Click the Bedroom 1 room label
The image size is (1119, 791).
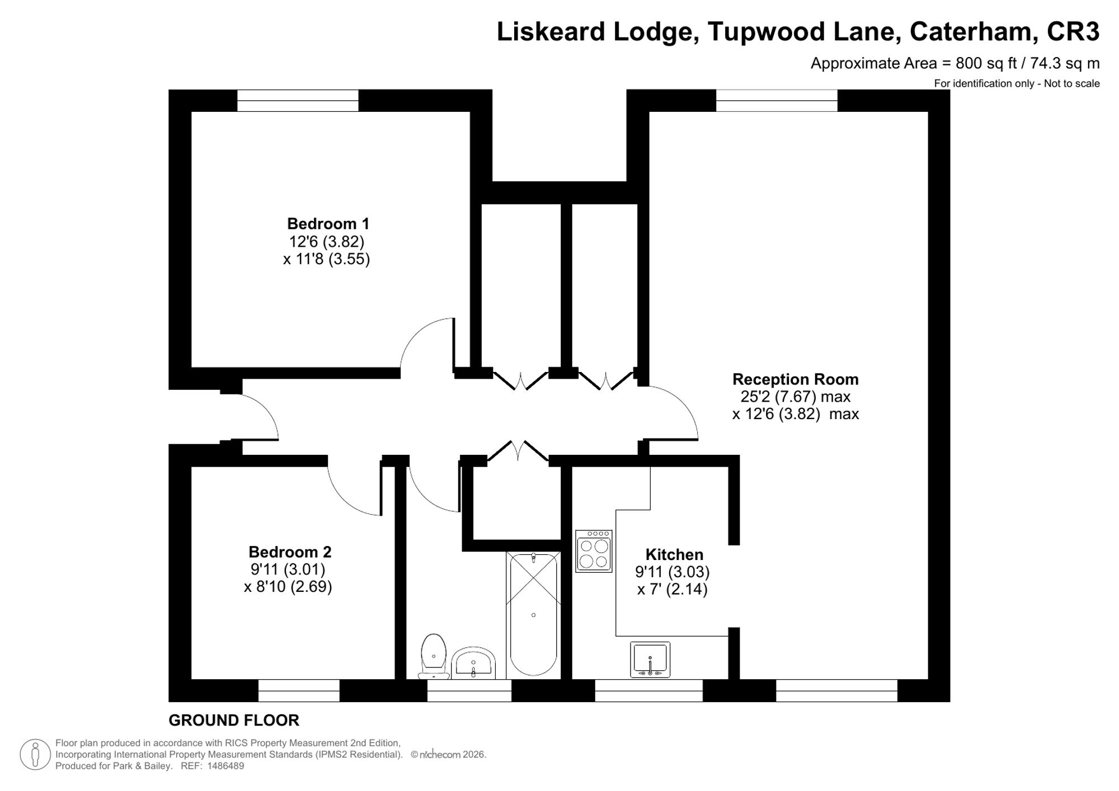coord(328,224)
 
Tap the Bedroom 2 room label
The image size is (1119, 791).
coord(290,552)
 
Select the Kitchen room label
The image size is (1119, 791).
coord(674,554)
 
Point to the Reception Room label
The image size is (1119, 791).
coord(795,379)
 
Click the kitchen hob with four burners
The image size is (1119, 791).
coord(594,551)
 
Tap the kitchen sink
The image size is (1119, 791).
coord(650,660)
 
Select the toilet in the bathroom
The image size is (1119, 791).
coord(434,656)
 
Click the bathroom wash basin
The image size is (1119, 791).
coord(473,663)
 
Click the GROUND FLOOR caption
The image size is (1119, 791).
coord(234,721)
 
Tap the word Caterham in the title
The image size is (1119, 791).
coord(971,31)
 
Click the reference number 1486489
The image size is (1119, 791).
coord(225,766)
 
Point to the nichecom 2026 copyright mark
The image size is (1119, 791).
coord(448,754)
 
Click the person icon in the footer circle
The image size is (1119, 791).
coord(35,754)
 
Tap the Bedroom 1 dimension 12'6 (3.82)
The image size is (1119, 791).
coord(326,242)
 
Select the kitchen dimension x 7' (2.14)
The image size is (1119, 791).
coord(673,589)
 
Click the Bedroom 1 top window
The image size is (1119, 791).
coord(298,101)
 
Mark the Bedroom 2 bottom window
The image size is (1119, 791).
coord(299,690)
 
